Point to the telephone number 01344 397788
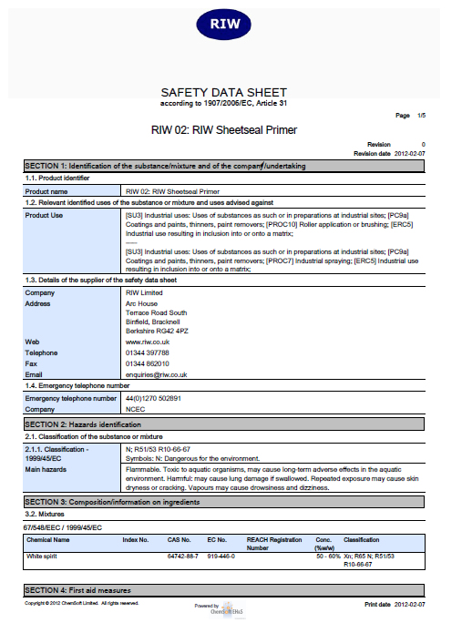[x=148, y=352]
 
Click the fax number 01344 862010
[x=148, y=362]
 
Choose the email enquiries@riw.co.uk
[x=156, y=374]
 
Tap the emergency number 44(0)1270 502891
[x=153, y=398]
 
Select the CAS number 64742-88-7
[x=180, y=555]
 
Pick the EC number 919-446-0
[x=220, y=555]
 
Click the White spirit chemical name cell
[x=45, y=555]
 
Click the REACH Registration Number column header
[x=273, y=544]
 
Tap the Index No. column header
[x=136, y=540]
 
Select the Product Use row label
[x=44, y=215]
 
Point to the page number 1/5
[x=420, y=116]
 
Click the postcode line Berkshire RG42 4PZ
[x=158, y=329]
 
